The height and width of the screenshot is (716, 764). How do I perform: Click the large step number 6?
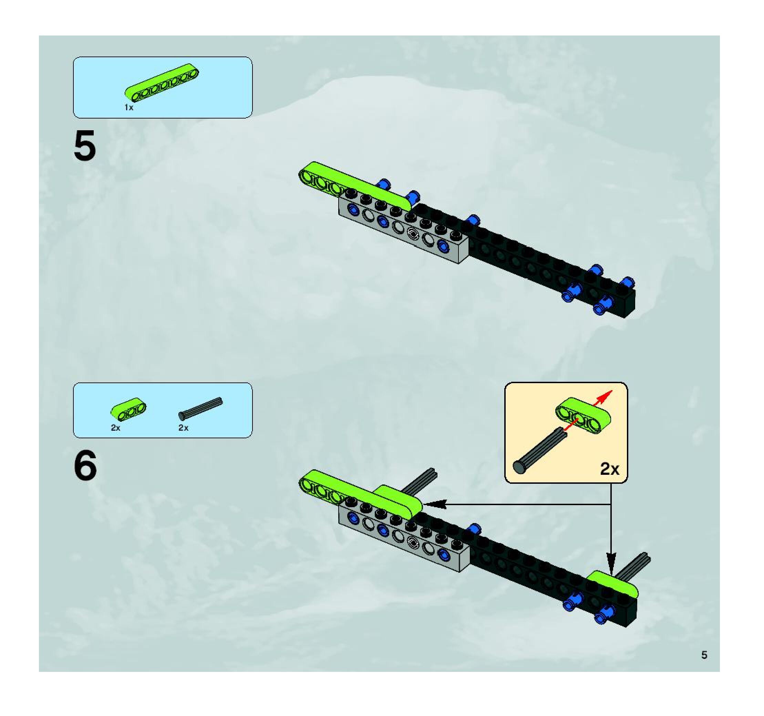(85, 466)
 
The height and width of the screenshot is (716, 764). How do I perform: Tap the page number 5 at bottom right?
(704, 655)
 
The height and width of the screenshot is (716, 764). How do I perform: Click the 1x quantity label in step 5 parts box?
(129, 108)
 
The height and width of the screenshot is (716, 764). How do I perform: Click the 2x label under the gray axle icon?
(183, 428)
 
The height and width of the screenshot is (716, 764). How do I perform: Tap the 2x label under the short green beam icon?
(115, 428)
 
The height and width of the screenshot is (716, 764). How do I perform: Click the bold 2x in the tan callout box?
(609, 469)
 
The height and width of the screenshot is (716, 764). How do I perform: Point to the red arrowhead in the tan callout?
(607, 395)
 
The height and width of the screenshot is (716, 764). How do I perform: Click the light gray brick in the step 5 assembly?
(403, 234)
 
